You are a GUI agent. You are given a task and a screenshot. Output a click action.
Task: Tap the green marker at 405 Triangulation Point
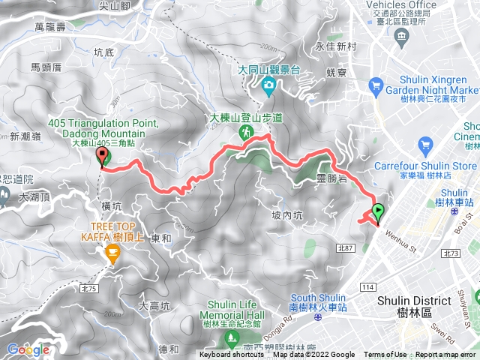pos(103,156)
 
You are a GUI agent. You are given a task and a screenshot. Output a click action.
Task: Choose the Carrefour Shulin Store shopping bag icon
pos(427,143)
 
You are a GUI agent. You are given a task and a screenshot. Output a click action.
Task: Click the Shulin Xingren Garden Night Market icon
pos(376,88)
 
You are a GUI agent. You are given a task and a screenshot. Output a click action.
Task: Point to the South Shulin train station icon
pos(317,296)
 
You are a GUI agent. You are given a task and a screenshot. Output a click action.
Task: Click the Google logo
pos(28,349)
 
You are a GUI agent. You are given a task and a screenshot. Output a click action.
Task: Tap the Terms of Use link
pos(385,355)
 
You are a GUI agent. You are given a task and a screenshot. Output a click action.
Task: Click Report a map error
pos(446,355)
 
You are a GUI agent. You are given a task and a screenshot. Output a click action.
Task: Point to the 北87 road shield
pos(346,247)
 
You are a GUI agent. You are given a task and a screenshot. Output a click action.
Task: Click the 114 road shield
pos(367,266)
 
